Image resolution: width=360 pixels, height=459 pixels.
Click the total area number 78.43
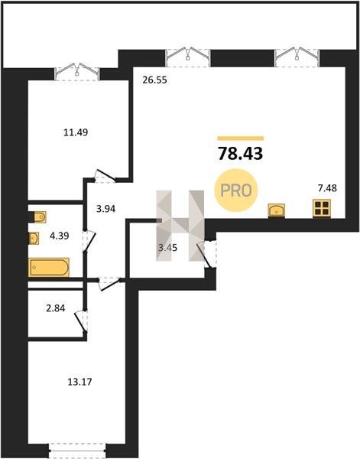pos(241,154)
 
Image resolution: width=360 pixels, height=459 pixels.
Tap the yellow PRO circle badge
pos(235,190)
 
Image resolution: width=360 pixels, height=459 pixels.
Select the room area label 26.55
pos(154,80)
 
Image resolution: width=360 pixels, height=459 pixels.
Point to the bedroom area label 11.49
pos(76,132)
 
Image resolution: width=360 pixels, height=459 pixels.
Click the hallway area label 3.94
pos(106,209)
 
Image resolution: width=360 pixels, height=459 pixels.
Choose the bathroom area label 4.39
pos(60,236)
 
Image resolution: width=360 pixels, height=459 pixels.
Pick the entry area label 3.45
pos(168,248)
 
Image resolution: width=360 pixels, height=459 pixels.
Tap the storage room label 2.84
pos(56,308)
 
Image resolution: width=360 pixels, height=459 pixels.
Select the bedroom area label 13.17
pos(79,382)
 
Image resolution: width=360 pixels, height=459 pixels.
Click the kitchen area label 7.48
pos(327,188)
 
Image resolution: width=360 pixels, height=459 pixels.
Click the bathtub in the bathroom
pos(49,267)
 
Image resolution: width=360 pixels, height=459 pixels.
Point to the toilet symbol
pos(38,217)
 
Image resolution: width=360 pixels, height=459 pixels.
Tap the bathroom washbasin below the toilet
pos(34,238)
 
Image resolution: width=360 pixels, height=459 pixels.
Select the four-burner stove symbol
pos(322,208)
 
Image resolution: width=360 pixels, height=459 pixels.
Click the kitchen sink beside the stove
pos(277,210)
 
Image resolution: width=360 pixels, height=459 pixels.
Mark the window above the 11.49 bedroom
pos(77,73)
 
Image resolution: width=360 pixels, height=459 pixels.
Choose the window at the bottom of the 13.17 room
pos(77,451)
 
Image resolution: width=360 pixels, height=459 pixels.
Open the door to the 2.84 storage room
pos(81,321)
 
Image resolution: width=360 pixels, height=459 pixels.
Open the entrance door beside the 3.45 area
pos(207,253)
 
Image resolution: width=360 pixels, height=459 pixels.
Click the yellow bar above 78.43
pos(241,138)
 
